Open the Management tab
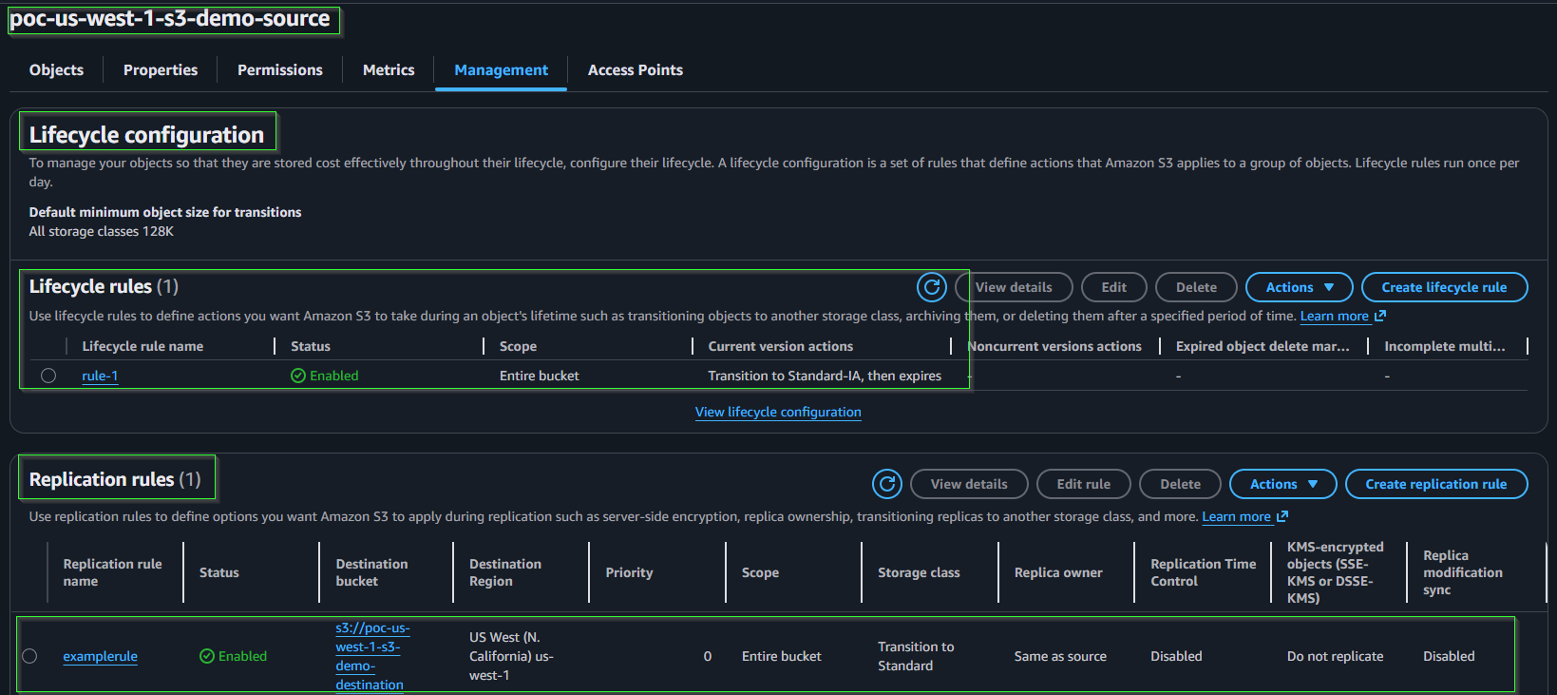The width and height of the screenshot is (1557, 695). click(x=501, y=69)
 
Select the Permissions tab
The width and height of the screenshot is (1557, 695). click(x=279, y=69)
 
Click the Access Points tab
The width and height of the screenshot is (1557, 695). click(x=635, y=69)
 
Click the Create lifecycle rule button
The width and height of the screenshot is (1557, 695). click(x=1444, y=287)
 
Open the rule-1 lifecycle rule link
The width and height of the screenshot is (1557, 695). click(x=100, y=376)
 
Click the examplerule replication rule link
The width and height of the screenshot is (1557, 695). click(x=100, y=656)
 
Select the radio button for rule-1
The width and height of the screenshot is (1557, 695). click(x=47, y=376)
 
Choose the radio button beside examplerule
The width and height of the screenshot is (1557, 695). click(x=29, y=656)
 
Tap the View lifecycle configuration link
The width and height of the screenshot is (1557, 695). click(x=778, y=412)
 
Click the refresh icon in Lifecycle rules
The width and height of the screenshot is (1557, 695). click(x=931, y=287)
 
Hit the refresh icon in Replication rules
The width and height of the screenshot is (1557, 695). click(x=887, y=484)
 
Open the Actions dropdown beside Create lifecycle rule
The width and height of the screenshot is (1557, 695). click(x=1299, y=287)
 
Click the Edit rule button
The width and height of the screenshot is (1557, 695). click(x=1083, y=484)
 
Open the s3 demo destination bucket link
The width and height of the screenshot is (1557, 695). click(x=371, y=656)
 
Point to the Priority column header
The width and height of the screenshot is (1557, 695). click(x=628, y=572)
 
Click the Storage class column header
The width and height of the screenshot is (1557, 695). click(x=919, y=572)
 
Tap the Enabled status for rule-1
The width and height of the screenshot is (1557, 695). click(x=324, y=376)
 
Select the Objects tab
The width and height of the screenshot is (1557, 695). click(x=56, y=69)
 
